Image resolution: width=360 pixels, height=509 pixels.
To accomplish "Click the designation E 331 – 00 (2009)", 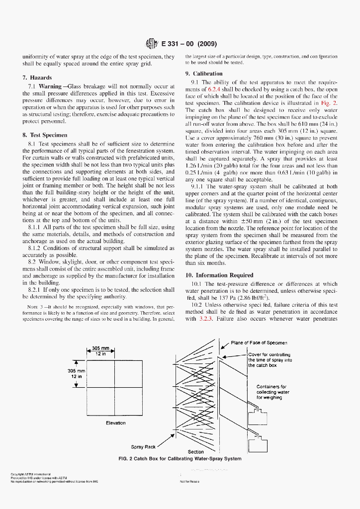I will point(188,43).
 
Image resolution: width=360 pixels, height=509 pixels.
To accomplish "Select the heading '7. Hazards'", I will point(37,78).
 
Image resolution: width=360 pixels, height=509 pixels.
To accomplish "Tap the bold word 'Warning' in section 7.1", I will point(50,86).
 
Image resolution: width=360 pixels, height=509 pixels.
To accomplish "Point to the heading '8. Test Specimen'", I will point(45,135).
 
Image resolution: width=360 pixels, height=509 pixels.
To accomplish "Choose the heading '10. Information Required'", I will point(219,275).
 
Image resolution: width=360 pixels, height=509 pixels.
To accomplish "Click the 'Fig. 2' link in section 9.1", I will point(330,103).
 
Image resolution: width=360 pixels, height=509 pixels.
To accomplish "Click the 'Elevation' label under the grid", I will point(116,423).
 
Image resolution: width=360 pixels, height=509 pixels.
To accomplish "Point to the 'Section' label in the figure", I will point(195,452).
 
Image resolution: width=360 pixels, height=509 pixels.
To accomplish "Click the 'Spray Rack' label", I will point(143,447).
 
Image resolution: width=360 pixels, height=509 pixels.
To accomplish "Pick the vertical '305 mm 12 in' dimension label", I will point(77,374).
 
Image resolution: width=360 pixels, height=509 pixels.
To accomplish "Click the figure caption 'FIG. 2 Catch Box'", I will point(180,459).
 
